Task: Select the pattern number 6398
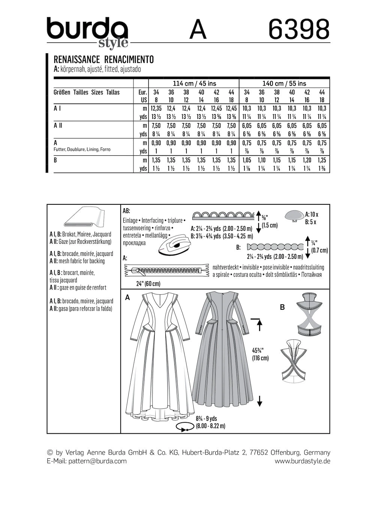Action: [299, 30]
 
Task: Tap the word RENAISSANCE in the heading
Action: [76, 59]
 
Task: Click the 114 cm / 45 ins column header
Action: [194, 83]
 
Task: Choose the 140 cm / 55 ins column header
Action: [284, 83]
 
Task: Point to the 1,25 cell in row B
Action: [322, 160]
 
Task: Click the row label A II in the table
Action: [58, 126]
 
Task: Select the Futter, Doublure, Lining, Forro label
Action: [82, 149]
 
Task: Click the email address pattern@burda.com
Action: [97, 461]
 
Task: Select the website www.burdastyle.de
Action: [302, 461]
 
